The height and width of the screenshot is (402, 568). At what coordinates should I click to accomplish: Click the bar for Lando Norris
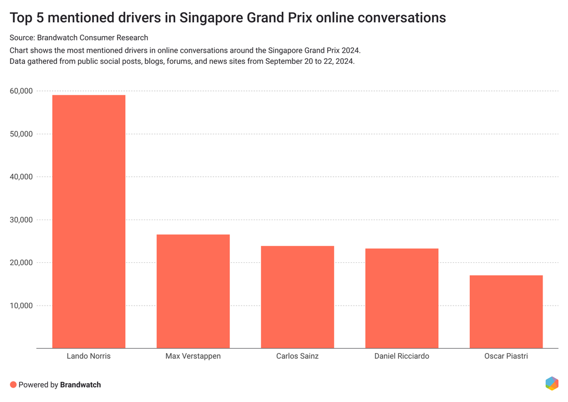point(89,222)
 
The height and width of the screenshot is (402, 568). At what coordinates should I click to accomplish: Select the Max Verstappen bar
point(193,291)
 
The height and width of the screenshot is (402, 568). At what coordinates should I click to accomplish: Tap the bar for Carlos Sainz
point(297,297)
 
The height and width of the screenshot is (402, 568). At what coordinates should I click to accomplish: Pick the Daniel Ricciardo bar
point(402,298)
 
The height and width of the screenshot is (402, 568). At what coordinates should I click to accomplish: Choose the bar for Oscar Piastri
point(506,312)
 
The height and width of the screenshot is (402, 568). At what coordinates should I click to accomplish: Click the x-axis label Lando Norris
point(89,356)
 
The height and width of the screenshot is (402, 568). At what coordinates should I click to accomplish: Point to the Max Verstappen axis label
point(193,356)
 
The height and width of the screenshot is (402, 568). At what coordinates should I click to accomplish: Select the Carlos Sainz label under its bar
point(297,356)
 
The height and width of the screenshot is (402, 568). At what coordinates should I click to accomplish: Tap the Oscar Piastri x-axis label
point(506,356)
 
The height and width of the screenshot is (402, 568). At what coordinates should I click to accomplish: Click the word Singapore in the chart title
point(214,18)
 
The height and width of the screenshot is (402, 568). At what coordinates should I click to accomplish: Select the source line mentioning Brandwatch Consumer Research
point(79,38)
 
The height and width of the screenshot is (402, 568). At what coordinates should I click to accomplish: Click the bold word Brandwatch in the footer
point(80,384)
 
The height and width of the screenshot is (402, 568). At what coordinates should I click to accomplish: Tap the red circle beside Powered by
point(13,384)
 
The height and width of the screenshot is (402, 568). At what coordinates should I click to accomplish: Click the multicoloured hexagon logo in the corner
point(552,383)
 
